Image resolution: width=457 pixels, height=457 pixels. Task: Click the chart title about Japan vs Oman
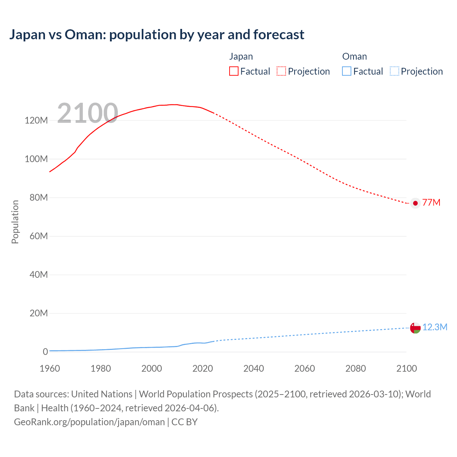157,35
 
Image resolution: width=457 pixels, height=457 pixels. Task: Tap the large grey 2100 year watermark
87,113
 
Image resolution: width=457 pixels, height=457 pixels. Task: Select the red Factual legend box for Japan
234,71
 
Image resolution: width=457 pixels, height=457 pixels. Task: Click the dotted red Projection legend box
281,71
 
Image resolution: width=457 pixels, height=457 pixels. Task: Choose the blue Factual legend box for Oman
347,71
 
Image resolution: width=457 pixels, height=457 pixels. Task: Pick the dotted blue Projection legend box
394,71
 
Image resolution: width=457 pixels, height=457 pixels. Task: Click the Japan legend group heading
241,56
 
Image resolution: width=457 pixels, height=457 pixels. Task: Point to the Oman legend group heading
355,56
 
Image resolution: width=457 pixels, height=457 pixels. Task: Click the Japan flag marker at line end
415,203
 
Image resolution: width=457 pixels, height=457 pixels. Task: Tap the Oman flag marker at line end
415,328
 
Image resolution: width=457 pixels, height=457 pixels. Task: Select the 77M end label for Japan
431,203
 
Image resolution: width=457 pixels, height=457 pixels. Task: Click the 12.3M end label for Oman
435,327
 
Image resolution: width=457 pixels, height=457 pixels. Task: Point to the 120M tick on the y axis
36,120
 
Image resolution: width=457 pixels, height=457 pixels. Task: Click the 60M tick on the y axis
39,236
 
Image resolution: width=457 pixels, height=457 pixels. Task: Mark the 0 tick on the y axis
45,352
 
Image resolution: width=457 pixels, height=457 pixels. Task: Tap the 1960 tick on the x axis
50,368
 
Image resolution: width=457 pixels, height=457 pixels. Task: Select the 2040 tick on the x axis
253,368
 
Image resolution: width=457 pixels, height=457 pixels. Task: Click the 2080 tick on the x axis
356,368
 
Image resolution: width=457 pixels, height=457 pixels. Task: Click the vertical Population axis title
15,222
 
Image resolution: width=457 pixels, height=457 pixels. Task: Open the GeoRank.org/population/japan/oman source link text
89,422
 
